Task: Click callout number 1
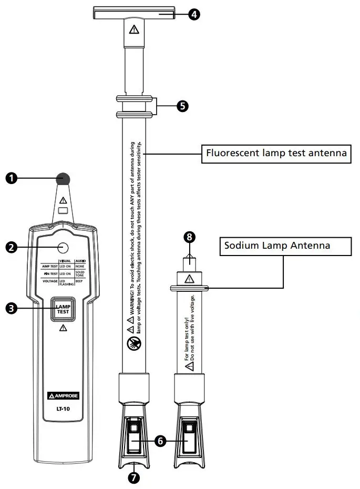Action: click(x=12, y=178)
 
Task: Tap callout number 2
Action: click(x=12, y=246)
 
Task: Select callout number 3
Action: click(x=12, y=309)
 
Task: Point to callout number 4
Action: click(x=194, y=14)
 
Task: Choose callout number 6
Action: click(x=161, y=442)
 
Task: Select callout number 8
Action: click(x=189, y=238)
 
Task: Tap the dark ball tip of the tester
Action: click(x=63, y=179)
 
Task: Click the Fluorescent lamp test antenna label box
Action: click(x=276, y=154)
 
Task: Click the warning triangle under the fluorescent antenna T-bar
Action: click(x=134, y=29)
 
